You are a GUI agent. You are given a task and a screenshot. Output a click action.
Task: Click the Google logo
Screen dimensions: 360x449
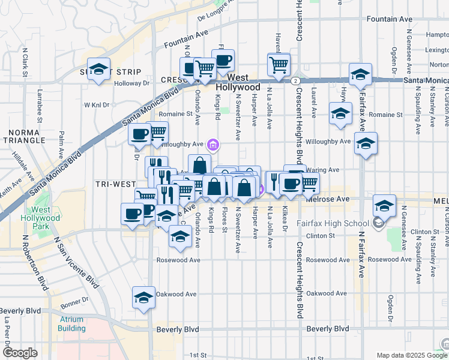[x=20, y=353]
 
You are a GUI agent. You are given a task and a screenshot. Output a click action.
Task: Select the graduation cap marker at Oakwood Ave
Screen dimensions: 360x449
[x=143, y=298]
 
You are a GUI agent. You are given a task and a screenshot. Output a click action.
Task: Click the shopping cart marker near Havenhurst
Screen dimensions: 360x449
[x=278, y=64]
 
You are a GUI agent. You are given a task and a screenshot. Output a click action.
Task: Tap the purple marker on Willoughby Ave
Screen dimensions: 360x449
[x=212, y=144]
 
